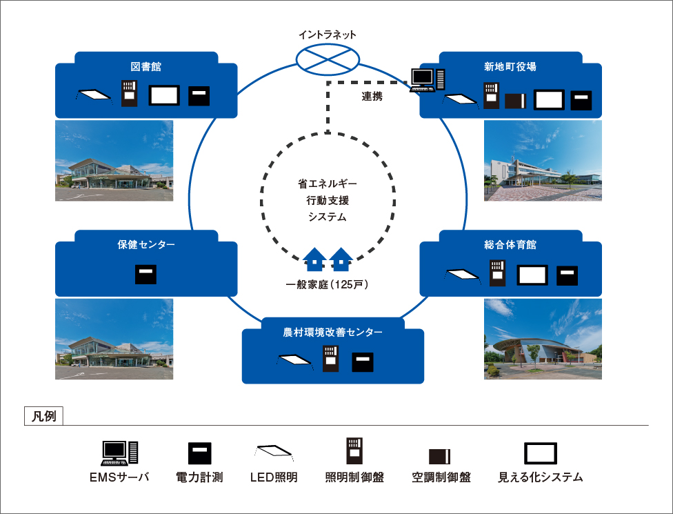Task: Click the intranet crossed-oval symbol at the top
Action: (328, 58)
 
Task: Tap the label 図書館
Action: (145, 67)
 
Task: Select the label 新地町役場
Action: (510, 67)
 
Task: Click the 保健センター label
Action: (145, 245)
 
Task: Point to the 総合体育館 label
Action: (510, 245)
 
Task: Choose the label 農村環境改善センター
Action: (332, 333)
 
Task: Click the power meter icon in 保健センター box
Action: (145, 274)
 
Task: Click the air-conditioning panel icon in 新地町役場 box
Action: (516, 101)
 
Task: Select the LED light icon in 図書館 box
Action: (92, 95)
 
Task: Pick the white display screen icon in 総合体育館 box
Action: (532, 275)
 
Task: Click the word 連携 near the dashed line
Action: (372, 97)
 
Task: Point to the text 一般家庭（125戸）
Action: (328, 285)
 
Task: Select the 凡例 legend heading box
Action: (43, 416)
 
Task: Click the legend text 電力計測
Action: (199, 477)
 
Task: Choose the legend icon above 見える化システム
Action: (540, 453)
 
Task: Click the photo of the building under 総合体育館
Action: (543, 339)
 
